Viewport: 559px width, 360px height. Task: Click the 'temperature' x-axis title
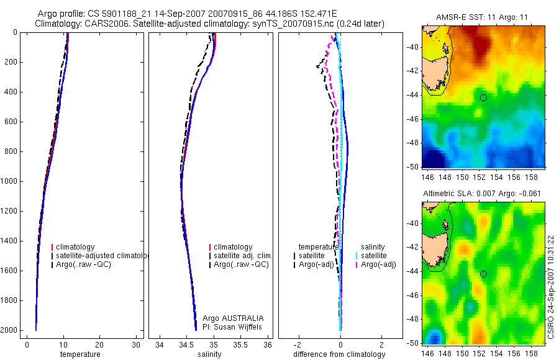point(80,354)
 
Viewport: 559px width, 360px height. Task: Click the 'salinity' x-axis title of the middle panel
point(209,354)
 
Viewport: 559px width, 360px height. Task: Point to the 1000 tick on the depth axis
point(9,181)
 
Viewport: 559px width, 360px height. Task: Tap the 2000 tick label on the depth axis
point(9,330)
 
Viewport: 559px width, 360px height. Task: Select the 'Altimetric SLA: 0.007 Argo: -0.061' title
point(481,194)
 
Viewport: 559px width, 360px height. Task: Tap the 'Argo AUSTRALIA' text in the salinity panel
point(229,318)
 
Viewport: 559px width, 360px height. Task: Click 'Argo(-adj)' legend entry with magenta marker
point(378,264)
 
